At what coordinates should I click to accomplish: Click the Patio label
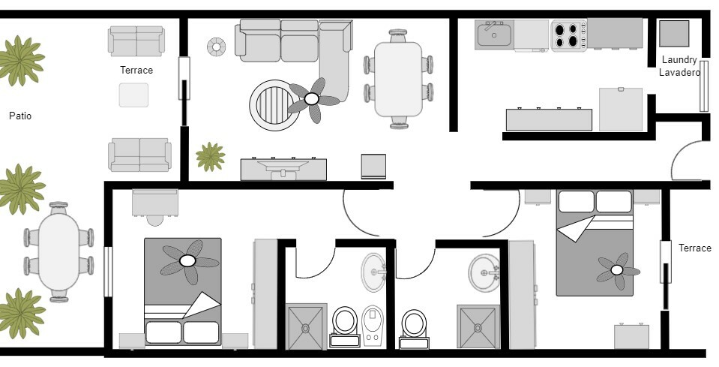pyautogui.click(x=20, y=116)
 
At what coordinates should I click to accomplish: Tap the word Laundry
pyautogui.click(x=679, y=60)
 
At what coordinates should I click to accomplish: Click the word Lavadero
pyautogui.click(x=679, y=73)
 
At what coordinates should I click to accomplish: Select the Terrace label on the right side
pyautogui.click(x=694, y=248)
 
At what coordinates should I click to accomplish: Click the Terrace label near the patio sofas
pyautogui.click(x=136, y=71)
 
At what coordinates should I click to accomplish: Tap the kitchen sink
pyautogui.click(x=493, y=35)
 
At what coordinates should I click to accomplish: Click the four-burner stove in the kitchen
pyautogui.click(x=569, y=35)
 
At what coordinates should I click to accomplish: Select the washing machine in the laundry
pyautogui.click(x=674, y=34)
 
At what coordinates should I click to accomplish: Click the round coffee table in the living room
pyautogui.click(x=274, y=105)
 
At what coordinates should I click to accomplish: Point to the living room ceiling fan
pyautogui.click(x=312, y=99)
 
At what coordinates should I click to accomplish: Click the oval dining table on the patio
pyautogui.click(x=58, y=251)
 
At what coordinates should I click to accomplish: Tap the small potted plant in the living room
pyautogui.click(x=211, y=157)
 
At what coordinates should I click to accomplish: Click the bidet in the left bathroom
pyautogui.click(x=373, y=324)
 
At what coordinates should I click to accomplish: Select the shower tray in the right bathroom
pyautogui.click(x=478, y=326)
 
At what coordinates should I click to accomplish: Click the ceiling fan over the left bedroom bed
pyautogui.click(x=187, y=260)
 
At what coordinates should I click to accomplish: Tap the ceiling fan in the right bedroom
pyautogui.click(x=617, y=270)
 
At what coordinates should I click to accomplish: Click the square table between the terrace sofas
pyautogui.click(x=133, y=95)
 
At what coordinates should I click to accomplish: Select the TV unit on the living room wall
pyautogui.click(x=283, y=169)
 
